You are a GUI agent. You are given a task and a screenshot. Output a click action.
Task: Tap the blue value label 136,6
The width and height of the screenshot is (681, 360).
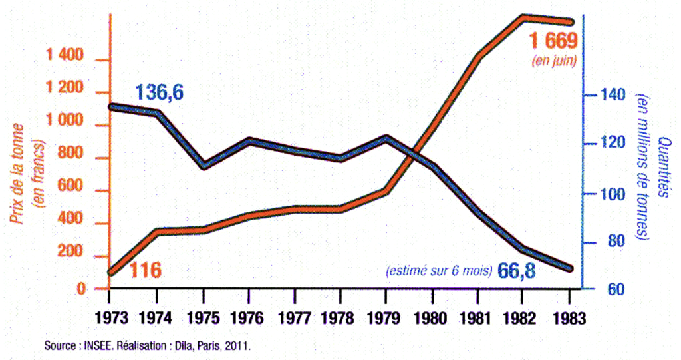160,92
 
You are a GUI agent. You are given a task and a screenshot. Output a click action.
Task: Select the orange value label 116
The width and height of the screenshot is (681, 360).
146,270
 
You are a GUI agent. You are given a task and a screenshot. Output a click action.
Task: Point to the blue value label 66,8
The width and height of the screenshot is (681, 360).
517,271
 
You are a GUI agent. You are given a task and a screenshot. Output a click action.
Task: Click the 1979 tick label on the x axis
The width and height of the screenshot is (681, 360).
386,318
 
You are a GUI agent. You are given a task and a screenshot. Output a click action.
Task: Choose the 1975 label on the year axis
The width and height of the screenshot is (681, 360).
202,318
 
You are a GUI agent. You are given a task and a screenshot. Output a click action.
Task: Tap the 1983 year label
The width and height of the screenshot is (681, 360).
569,318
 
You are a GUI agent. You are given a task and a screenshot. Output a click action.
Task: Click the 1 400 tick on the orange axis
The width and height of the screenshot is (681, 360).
65,57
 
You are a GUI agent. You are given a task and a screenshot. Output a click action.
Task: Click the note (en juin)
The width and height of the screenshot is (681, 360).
553,61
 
